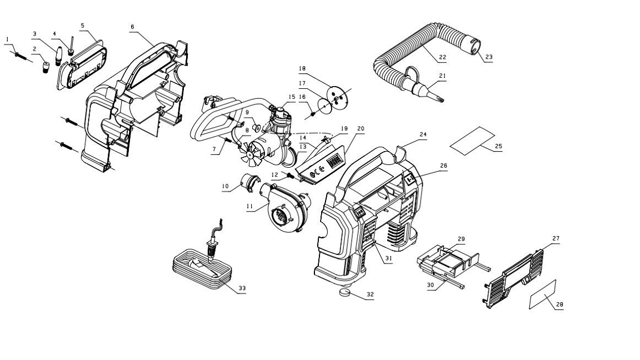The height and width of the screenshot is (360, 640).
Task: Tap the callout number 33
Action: (x=242, y=288)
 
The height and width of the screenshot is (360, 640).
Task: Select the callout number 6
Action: (x=133, y=26)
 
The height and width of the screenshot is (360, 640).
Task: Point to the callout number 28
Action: (x=559, y=304)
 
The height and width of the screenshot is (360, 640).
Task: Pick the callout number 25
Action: (x=498, y=146)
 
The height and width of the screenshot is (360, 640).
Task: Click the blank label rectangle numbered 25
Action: (x=472, y=139)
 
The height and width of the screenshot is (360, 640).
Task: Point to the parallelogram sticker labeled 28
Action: (x=543, y=294)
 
